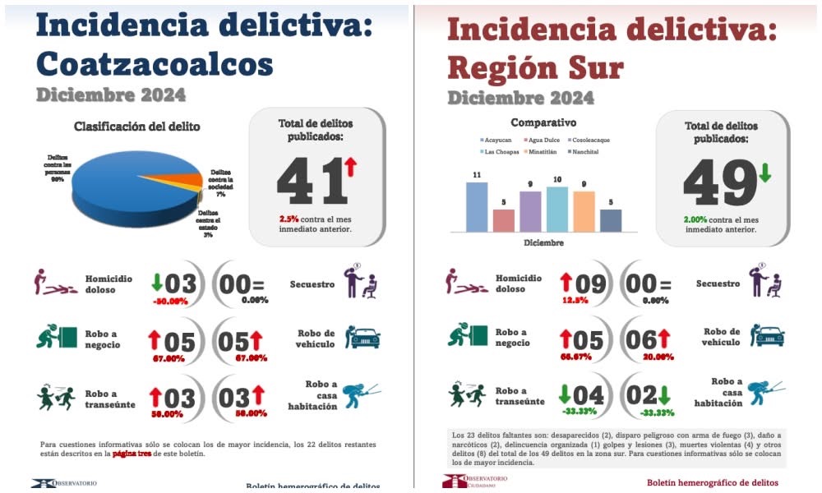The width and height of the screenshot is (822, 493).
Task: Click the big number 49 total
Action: [x=715, y=182]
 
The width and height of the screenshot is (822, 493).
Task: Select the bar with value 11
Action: [x=477, y=206]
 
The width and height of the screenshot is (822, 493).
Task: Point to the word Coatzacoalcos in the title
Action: [x=155, y=63]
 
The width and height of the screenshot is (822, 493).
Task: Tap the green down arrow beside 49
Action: [x=764, y=173]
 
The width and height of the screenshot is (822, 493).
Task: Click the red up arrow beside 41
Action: [x=350, y=168]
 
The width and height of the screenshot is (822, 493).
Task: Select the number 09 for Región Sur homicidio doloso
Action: [x=589, y=284]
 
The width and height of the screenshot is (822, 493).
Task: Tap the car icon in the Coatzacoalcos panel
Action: [x=363, y=337]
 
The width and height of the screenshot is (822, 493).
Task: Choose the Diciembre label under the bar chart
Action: [x=542, y=243]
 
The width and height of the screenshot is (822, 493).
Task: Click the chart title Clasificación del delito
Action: [x=136, y=127]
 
